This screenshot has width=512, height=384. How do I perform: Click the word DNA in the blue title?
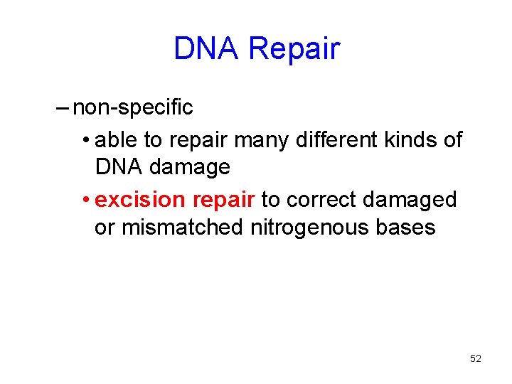point(207,49)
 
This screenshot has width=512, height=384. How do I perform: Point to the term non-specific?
point(133,108)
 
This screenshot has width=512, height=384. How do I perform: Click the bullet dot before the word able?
point(85,140)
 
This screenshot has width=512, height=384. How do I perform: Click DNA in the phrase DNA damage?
point(118,168)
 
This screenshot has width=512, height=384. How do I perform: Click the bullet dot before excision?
point(85,200)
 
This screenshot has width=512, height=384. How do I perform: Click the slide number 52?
point(476,359)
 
